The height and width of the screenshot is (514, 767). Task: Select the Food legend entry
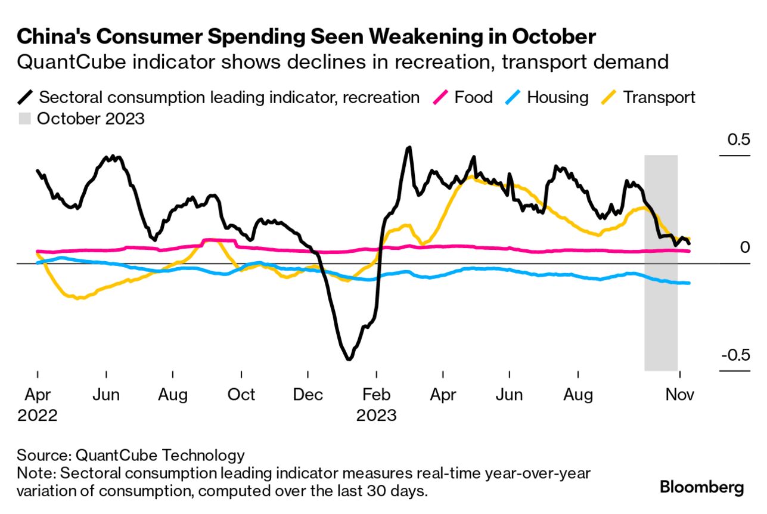474,97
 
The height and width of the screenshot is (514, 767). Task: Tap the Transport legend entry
659,97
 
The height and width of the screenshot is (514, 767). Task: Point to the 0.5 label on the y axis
734,140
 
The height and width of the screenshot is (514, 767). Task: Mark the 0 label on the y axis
744,247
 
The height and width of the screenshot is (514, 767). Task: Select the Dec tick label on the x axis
308,395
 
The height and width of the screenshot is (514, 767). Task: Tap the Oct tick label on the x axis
241,395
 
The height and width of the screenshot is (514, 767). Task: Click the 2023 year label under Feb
376,414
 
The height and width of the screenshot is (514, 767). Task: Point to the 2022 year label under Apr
37,414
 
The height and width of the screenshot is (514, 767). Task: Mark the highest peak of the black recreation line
409,147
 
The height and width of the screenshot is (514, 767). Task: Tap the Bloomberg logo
701,487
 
